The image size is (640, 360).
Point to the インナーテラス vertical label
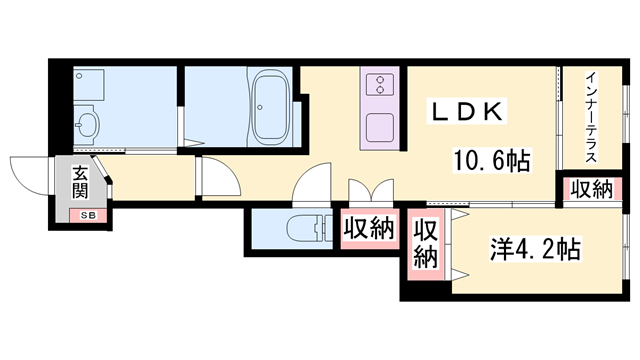pos(591,116)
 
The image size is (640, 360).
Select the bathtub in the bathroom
pos(271,106)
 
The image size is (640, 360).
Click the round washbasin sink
pos(88,123)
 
